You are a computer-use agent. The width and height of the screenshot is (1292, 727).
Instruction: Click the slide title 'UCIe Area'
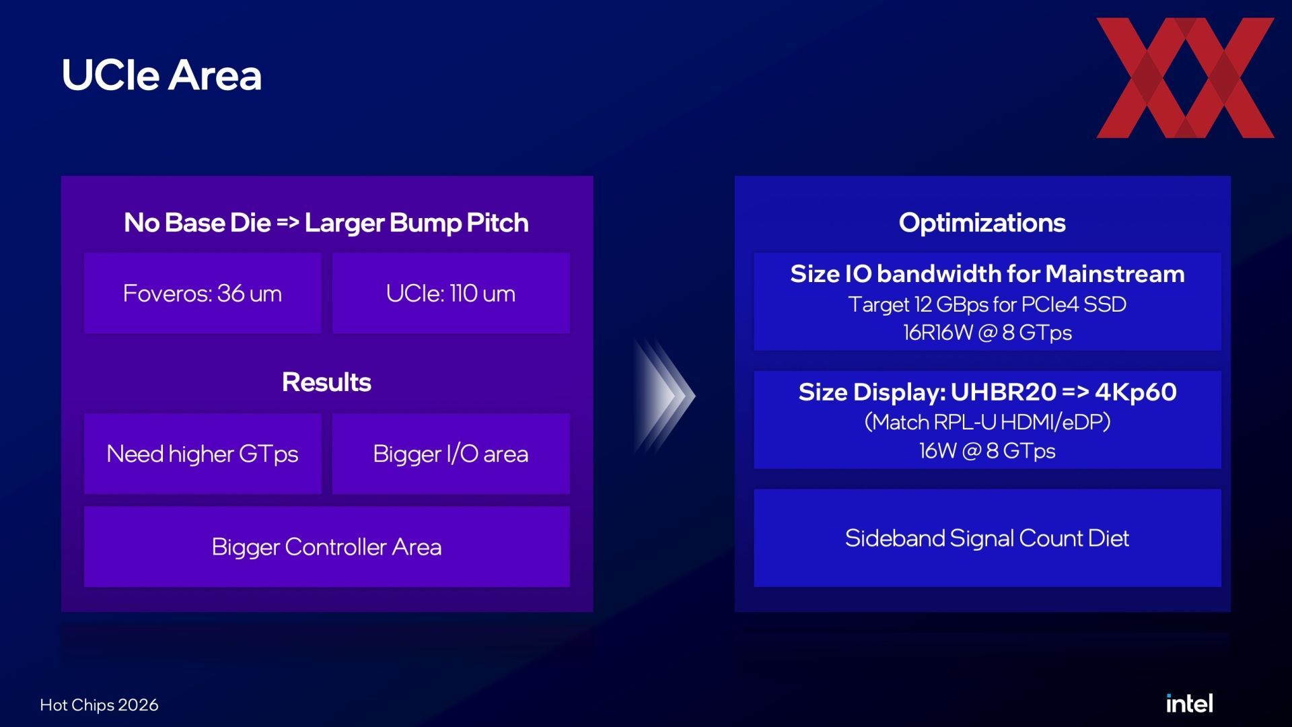point(161,75)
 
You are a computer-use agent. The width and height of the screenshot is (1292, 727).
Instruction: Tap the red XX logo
point(1185,77)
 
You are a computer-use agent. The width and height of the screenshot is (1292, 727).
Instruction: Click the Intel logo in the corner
point(1189,703)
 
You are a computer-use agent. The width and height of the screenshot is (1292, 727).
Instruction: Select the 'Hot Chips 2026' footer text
point(99,705)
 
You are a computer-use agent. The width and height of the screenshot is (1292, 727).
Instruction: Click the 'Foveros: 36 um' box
point(203,293)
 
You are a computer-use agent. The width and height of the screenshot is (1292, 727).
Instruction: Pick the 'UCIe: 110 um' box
point(451,293)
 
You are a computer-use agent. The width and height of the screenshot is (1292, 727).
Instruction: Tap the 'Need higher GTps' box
point(203,454)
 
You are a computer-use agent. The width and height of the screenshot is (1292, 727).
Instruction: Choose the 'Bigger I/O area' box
point(451,454)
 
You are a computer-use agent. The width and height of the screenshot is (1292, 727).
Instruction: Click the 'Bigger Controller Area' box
point(327,547)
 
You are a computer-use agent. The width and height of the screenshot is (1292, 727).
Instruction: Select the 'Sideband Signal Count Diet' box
point(987,538)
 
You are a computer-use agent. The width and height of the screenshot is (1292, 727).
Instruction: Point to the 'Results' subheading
point(326,382)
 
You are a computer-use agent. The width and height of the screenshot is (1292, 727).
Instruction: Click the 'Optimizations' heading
point(982,223)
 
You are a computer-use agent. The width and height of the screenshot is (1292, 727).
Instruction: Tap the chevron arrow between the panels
point(665,395)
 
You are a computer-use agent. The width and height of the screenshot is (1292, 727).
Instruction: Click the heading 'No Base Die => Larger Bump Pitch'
point(326,223)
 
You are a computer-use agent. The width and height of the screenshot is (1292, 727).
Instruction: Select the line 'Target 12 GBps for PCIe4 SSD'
point(987,304)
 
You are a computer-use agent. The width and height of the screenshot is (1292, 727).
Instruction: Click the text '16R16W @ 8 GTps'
point(987,333)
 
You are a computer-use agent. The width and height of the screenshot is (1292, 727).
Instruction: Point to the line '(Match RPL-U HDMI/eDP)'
point(987,422)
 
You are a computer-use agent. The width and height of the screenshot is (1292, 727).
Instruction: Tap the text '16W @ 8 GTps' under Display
point(987,450)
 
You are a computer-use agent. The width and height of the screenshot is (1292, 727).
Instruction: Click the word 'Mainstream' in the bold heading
point(1115,274)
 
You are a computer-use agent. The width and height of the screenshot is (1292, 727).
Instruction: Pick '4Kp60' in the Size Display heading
point(1136,392)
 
